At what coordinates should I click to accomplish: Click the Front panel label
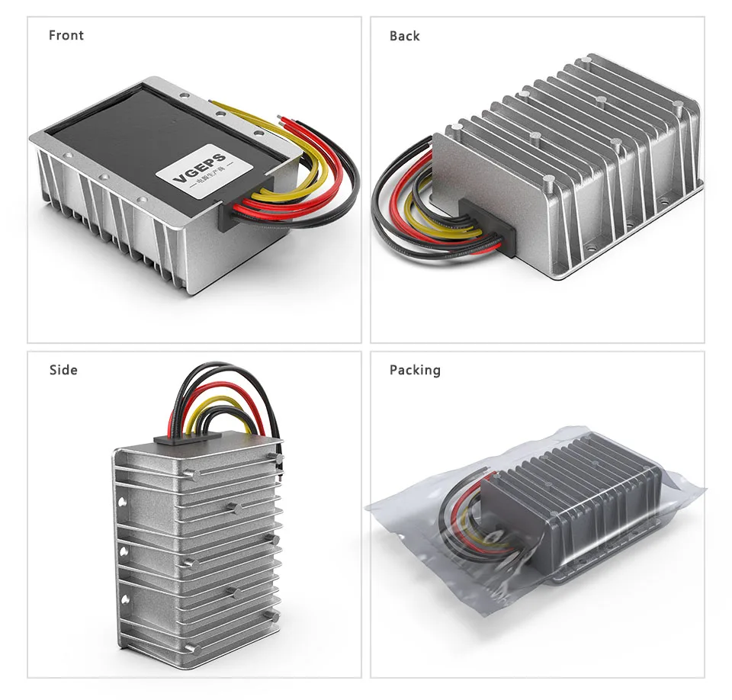(x=66, y=35)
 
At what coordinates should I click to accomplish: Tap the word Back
(x=404, y=36)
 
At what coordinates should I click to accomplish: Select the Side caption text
(x=63, y=370)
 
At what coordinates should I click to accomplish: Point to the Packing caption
(x=415, y=370)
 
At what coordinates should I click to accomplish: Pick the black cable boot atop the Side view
(x=188, y=438)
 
